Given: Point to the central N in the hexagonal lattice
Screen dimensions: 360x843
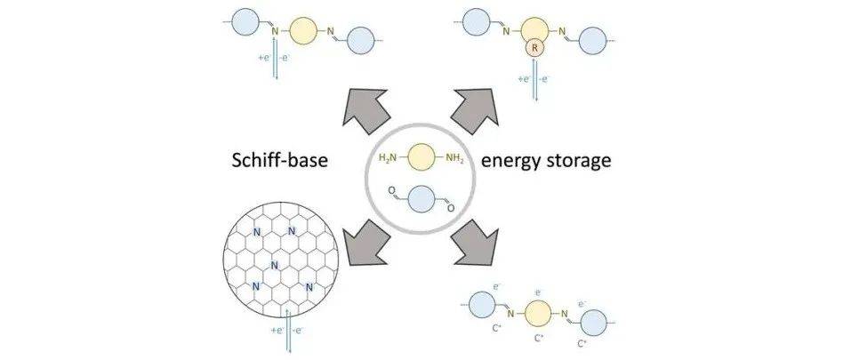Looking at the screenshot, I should coord(275,264).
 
